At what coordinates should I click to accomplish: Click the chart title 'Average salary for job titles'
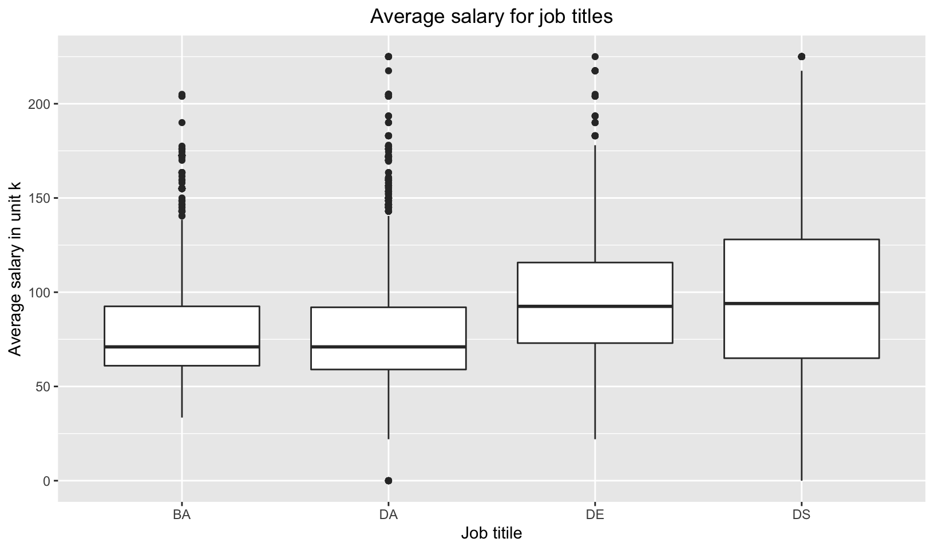491,16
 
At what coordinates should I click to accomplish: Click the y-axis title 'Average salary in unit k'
15,268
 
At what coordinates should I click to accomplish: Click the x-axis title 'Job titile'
491,533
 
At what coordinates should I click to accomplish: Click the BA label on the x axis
181,514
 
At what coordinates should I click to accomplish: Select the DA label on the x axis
388,514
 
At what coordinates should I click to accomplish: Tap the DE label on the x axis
595,514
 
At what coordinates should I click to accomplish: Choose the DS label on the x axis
801,514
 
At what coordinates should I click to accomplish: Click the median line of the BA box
181,347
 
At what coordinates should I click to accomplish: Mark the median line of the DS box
801,303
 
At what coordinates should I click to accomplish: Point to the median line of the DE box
595,306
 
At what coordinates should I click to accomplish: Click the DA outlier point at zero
388,480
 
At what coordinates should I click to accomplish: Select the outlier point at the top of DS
801,56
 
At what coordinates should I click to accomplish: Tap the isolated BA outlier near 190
181,122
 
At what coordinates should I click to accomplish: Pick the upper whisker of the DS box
801,155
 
